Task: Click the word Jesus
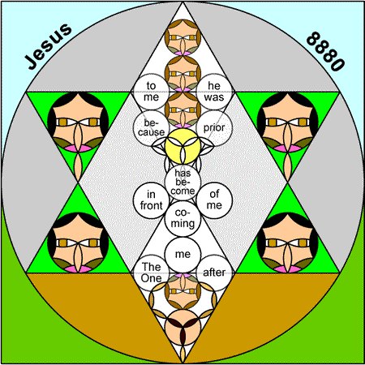48,46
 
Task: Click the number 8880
325,51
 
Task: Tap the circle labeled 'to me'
151,92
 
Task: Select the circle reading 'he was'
214,92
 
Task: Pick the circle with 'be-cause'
151,128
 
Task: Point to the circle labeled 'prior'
214,128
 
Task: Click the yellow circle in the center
182,146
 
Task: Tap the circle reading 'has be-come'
182,182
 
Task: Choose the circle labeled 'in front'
151,200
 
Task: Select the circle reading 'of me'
214,200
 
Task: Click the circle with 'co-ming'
182,218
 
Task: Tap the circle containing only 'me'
182,255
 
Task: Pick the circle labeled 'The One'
151,273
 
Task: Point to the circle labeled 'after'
214,273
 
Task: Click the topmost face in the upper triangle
182,37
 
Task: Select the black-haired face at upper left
78,122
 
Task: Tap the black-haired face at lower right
288,243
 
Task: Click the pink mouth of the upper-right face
288,148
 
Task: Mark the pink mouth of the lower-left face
78,268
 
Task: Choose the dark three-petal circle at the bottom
182,327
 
